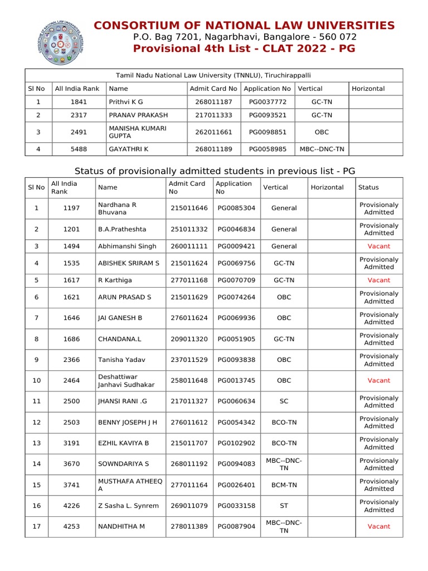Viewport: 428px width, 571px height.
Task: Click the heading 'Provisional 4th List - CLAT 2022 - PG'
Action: (x=244, y=49)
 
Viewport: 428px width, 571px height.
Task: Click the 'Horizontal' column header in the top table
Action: (x=368, y=89)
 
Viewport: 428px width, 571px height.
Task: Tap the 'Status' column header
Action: (x=368, y=187)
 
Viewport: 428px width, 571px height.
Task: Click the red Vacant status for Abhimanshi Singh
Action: (x=378, y=246)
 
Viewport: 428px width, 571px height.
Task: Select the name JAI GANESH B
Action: (x=120, y=318)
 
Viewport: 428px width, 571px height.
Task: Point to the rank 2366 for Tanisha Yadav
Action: (x=71, y=360)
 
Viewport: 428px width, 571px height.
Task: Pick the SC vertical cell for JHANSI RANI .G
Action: (x=284, y=401)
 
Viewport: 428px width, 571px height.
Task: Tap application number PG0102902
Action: (x=236, y=443)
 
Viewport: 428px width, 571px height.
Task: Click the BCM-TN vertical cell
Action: (x=284, y=485)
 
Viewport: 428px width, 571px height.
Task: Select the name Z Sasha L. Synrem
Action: (x=128, y=506)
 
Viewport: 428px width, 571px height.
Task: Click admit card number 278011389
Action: (x=189, y=526)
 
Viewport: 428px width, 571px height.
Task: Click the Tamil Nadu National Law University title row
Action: (x=213, y=75)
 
